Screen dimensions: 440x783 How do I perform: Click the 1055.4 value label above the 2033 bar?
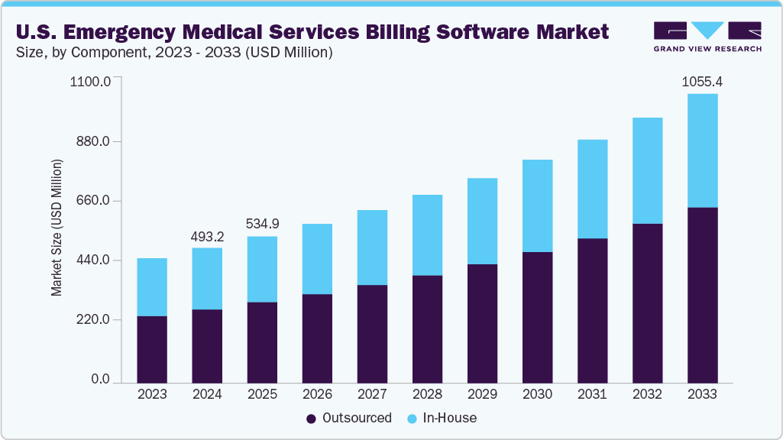tap(702, 81)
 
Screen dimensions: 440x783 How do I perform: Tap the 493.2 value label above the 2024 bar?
tap(207, 236)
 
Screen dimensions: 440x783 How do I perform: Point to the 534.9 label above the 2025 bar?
tap(262, 224)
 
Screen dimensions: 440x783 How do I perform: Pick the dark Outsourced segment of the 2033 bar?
tap(702, 294)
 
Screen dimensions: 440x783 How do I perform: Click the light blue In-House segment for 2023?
tap(152, 287)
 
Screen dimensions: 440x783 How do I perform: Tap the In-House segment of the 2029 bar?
tap(482, 222)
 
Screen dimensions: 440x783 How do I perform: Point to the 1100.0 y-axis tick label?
tap(91, 81)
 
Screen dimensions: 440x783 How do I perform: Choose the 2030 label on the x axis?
tap(537, 394)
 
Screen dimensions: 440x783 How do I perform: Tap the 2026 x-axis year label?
tap(317, 394)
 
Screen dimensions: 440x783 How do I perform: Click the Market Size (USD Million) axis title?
tap(57, 228)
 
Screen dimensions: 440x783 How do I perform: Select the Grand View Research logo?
tap(707, 37)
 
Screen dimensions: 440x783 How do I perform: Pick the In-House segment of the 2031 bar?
tap(592, 189)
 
